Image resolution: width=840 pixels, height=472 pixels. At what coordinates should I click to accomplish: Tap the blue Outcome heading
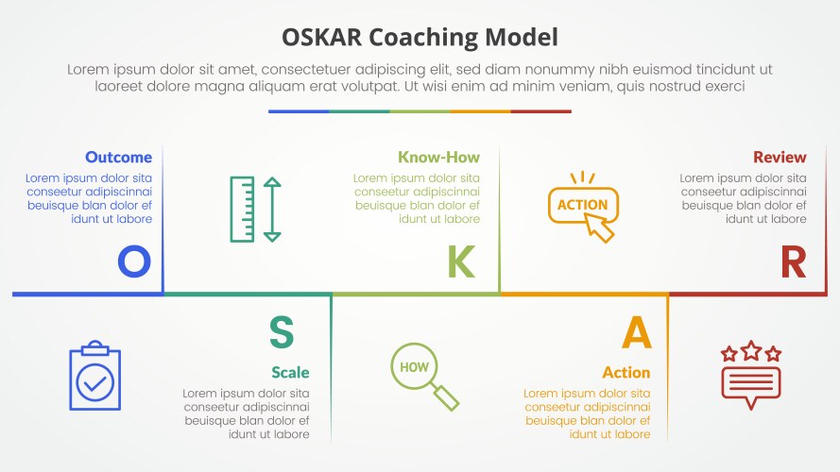click(x=118, y=157)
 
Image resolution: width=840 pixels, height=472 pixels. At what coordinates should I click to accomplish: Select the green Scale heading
click(x=290, y=372)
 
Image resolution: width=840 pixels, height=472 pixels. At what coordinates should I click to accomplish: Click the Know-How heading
click(x=438, y=157)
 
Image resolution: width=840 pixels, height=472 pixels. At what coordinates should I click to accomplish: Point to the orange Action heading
click(x=626, y=372)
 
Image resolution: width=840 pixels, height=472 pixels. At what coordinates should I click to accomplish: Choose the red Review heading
click(x=780, y=157)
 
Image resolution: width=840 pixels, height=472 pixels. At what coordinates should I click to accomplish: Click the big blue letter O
click(x=133, y=261)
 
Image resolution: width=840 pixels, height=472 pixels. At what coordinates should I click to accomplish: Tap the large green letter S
click(x=282, y=332)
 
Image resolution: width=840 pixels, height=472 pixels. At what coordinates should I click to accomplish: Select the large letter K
click(x=460, y=261)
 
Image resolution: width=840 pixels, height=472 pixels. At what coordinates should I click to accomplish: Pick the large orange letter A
click(x=636, y=332)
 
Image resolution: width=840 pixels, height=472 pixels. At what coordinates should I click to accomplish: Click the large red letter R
click(x=793, y=261)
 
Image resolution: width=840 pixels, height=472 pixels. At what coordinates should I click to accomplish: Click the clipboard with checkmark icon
click(x=95, y=377)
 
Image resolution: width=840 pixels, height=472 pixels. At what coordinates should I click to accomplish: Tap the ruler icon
click(x=243, y=209)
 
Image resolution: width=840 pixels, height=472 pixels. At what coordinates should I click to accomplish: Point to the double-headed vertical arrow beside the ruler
click(x=272, y=209)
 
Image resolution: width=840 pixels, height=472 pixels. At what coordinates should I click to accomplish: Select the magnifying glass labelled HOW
click(x=423, y=375)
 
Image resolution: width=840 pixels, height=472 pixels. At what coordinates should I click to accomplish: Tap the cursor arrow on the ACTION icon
click(x=600, y=228)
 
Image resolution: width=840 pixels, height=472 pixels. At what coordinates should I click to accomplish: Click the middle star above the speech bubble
click(x=751, y=351)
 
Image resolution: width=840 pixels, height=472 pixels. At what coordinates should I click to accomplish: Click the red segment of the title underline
click(x=540, y=111)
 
